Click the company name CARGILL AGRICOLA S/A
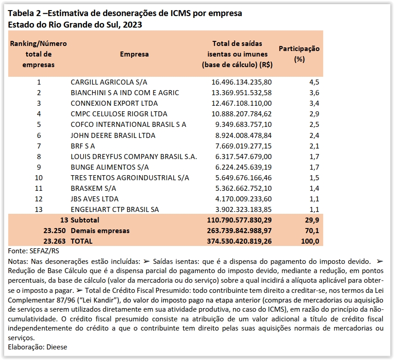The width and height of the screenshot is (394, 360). click(x=109, y=82)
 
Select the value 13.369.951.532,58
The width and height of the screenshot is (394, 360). click(x=242, y=93)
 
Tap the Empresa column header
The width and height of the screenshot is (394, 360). click(x=134, y=54)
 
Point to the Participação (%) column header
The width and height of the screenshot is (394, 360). click(x=299, y=54)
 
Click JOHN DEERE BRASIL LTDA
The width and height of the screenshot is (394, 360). click(x=113, y=136)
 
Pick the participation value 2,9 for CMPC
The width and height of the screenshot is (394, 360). click(x=314, y=114)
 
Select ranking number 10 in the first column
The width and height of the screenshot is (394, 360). click(x=39, y=178)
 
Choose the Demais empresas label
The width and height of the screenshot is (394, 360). click(x=100, y=230)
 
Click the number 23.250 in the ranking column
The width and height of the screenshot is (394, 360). click(x=55, y=230)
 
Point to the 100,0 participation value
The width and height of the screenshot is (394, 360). click(x=310, y=241)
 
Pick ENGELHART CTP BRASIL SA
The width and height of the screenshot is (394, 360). click(x=115, y=210)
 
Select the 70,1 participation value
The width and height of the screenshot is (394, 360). click(x=313, y=230)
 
